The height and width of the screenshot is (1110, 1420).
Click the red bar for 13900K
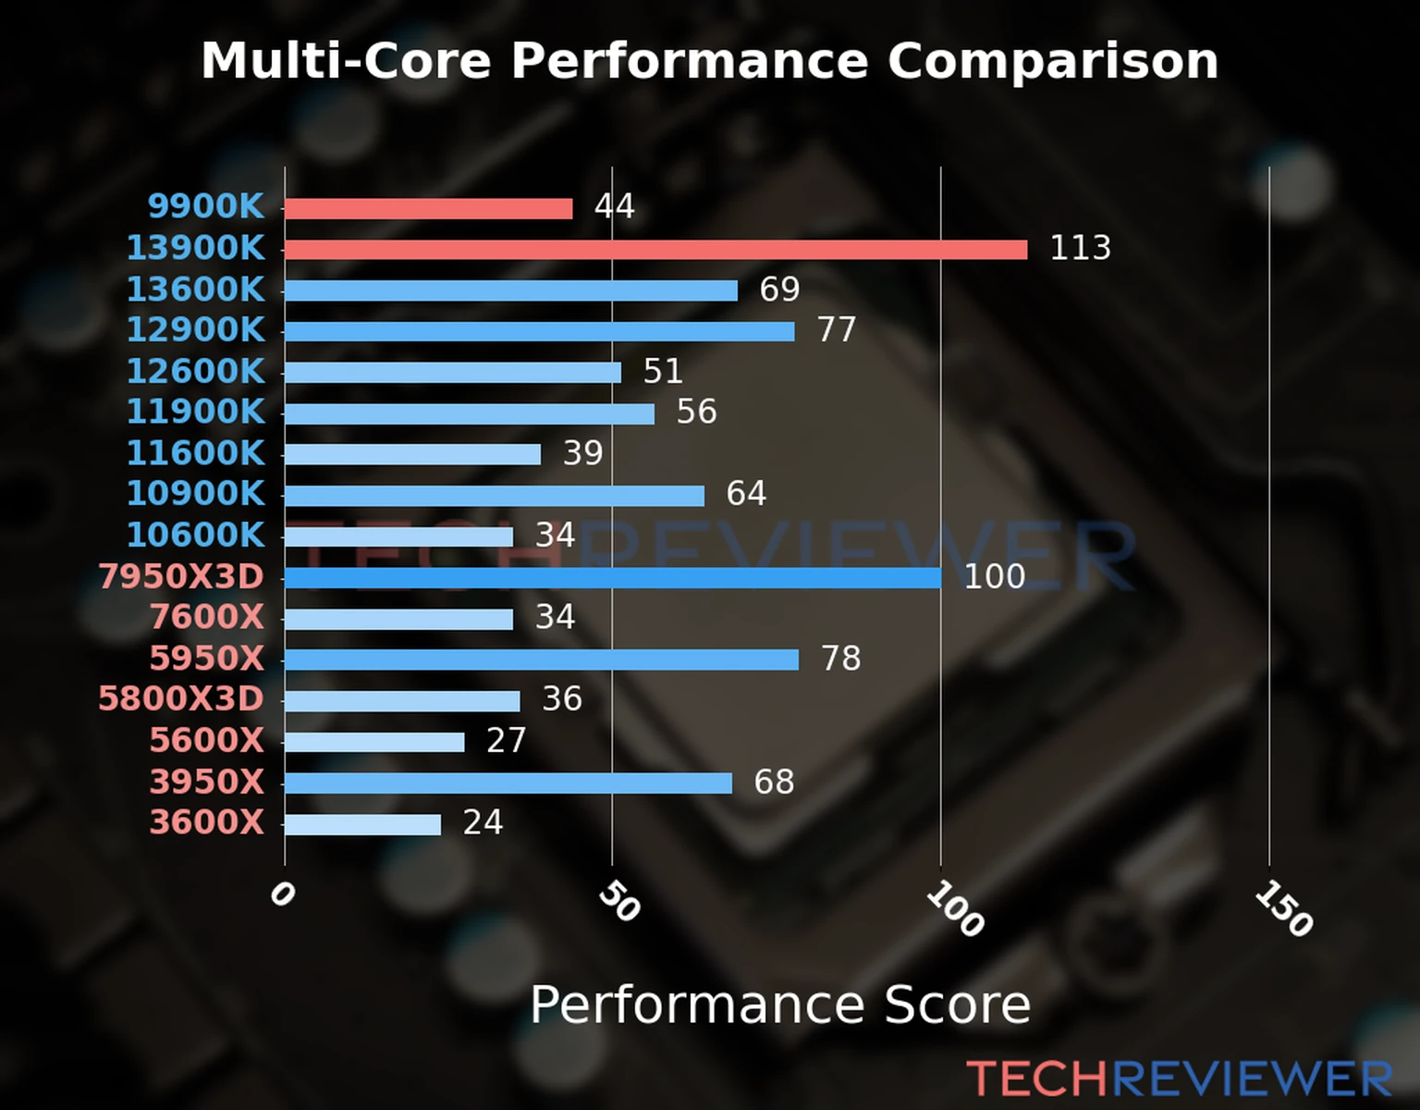pyautogui.click(x=655, y=250)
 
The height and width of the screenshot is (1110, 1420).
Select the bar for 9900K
pyautogui.click(x=428, y=208)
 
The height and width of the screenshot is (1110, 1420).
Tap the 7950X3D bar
pyautogui.click(x=612, y=578)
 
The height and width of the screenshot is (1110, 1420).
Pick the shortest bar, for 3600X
pyautogui.click(x=362, y=824)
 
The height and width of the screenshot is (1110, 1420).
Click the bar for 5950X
pyautogui.click(x=541, y=660)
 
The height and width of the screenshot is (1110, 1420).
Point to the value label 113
pyautogui.click(x=1080, y=248)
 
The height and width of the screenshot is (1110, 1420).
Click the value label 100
pyautogui.click(x=994, y=577)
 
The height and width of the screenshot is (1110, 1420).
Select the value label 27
pyautogui.click(x=506, y=740)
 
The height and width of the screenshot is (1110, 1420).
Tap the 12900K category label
pyautogui.click(x=195, y=330)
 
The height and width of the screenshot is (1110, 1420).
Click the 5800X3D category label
pyautogui.click(x=181, y=698)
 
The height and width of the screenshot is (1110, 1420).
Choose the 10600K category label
pyautogui.click(x=195, y=535)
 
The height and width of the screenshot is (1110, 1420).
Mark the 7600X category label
pyautogui.click(x=207, y=617)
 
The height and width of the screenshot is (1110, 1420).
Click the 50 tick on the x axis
pyautogui.click(x=618, y=901)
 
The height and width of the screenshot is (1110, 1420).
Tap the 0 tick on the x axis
pyautogui.click(x=282, y=894)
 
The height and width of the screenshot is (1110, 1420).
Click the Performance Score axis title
pyautogui.click(x=779, y=1005)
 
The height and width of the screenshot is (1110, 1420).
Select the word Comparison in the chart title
pyautogui.click(x=1052, y=61)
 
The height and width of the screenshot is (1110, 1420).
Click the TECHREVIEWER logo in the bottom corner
pyautogui.click(x=1179, y=1079)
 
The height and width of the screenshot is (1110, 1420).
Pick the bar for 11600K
pyautogui.click(x=412, y=454)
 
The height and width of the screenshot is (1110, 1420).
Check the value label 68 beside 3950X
pyautogui.click(x=774, y=782)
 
